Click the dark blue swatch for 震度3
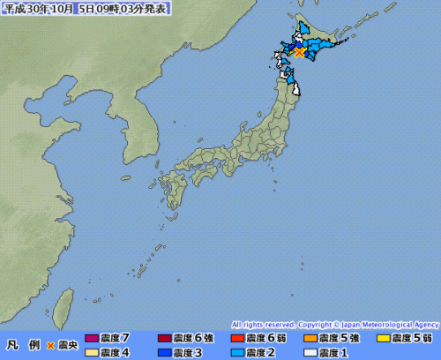point(165,352)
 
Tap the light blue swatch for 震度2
point(237,352)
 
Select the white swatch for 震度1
point(310,352)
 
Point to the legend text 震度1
point(335,352)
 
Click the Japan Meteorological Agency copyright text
point(335,325)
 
